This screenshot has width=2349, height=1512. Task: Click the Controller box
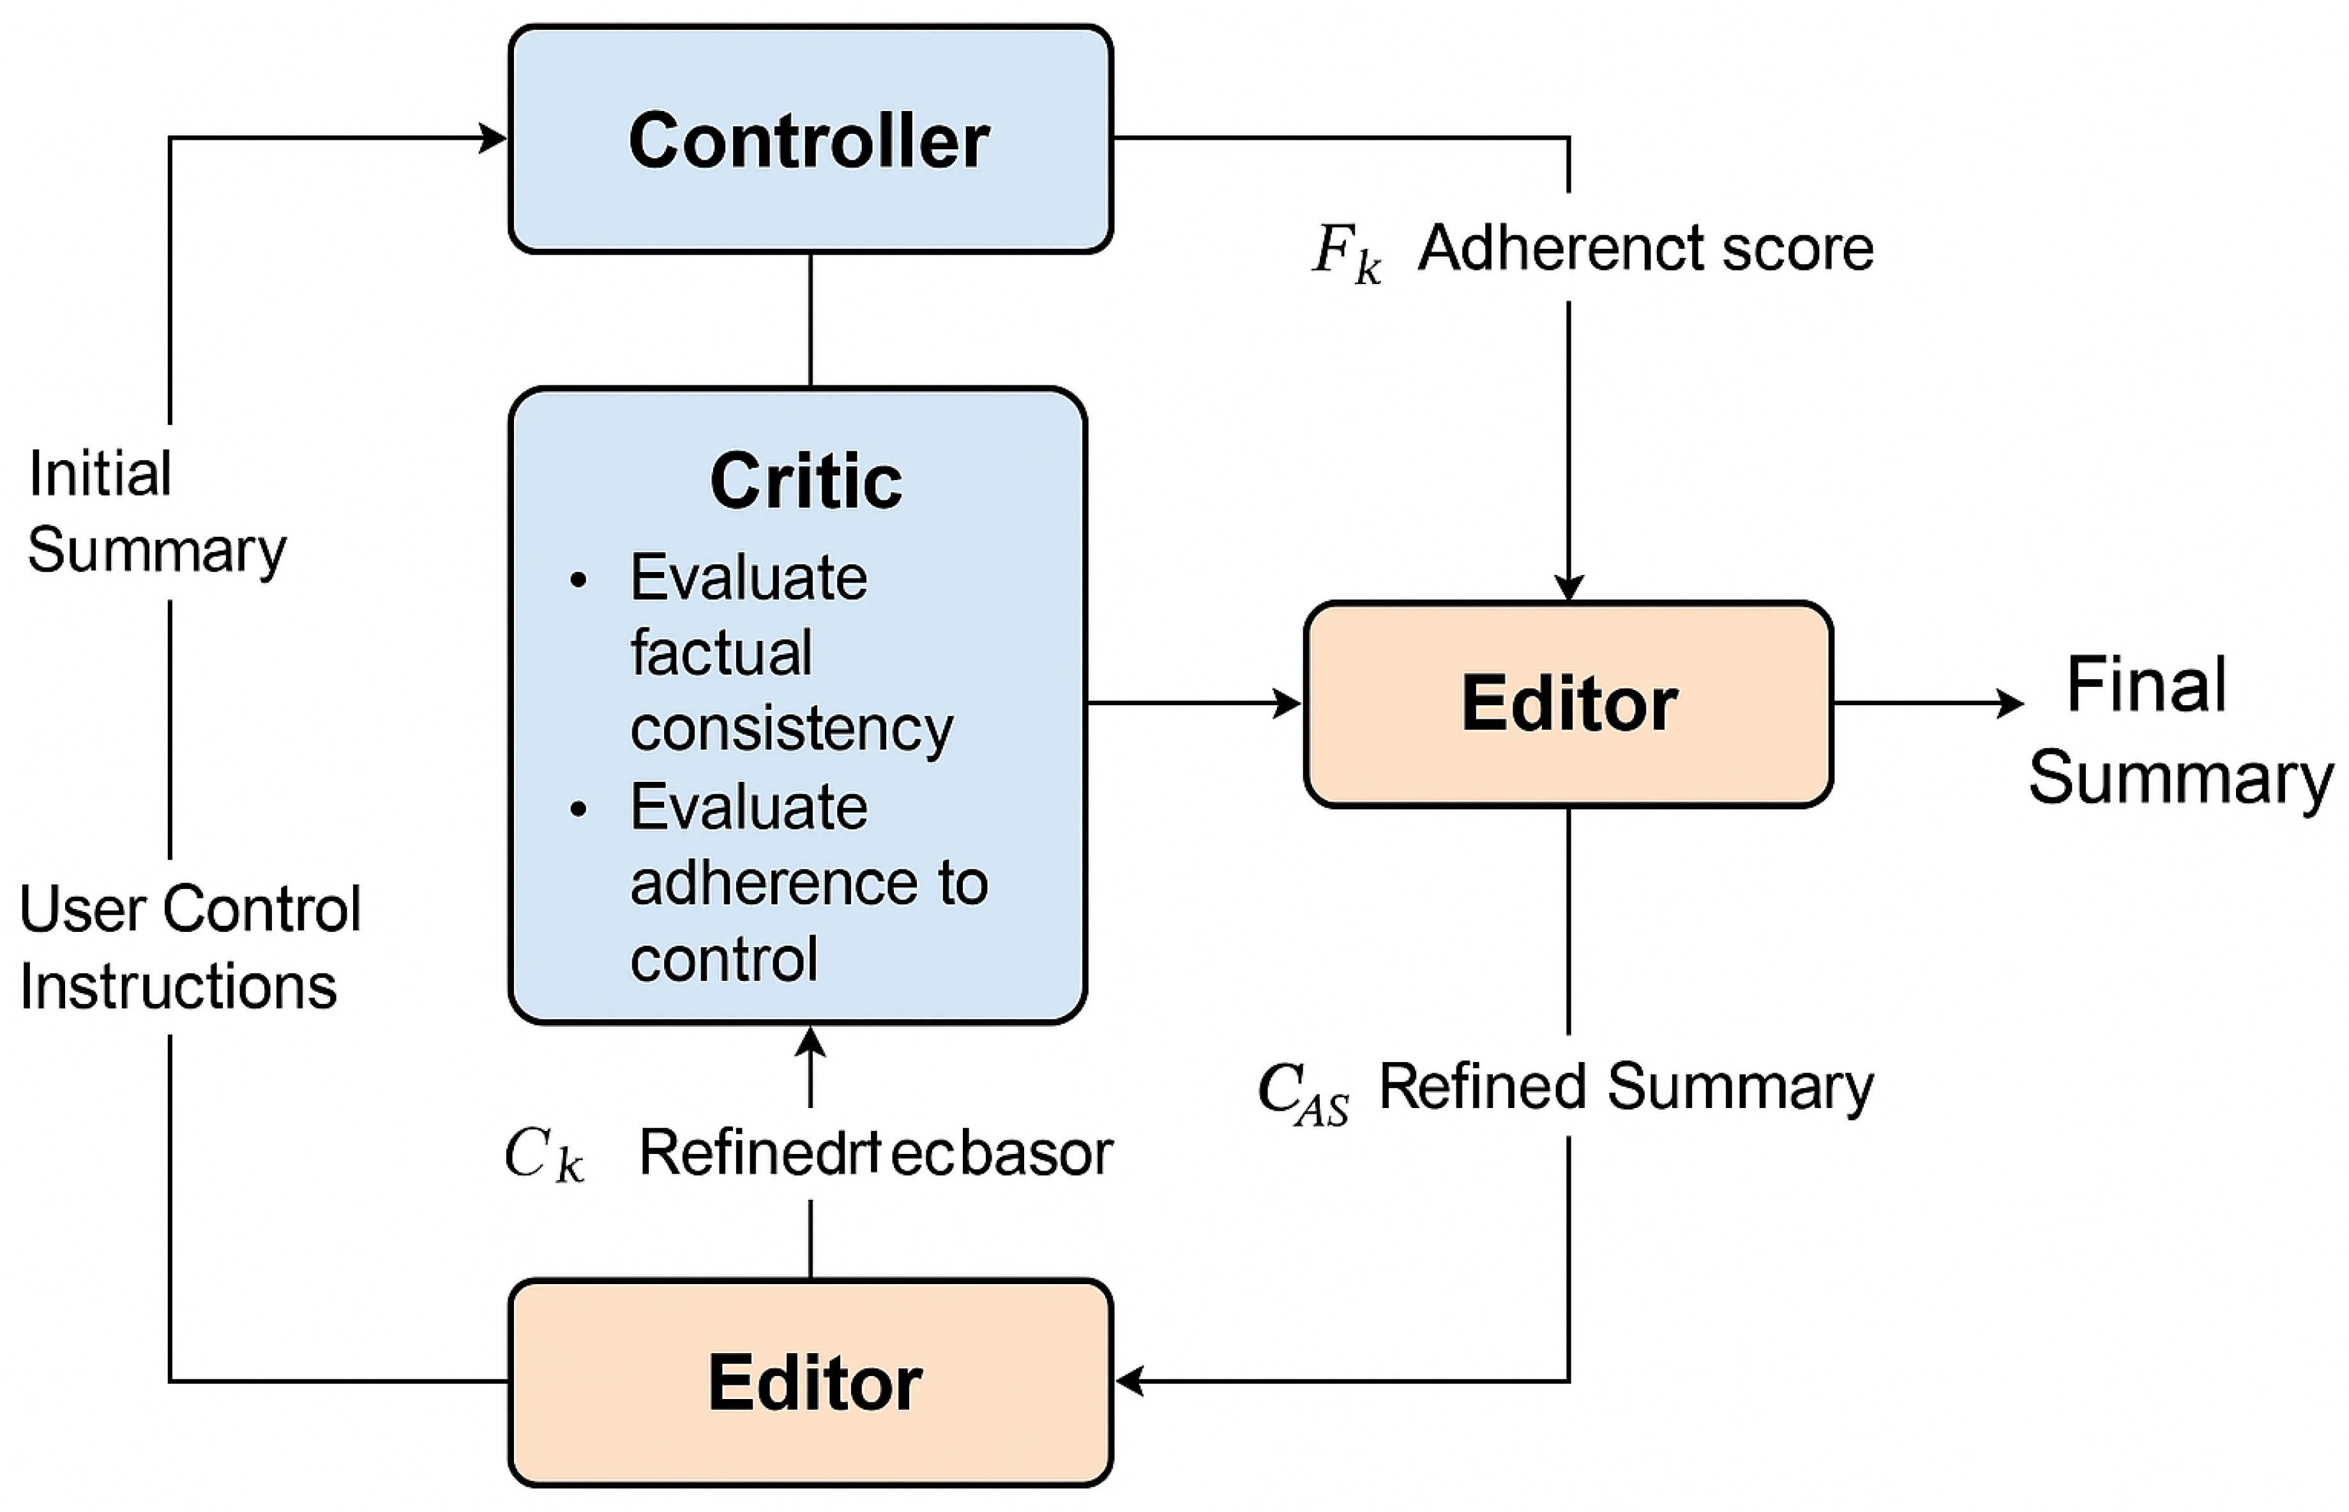pyautogui.click(x=810, y=139)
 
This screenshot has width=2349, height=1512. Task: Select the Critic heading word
pyautogui.click(x=805, y=481)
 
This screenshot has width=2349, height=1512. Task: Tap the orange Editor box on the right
pyautogui.click(x=1568, y=704)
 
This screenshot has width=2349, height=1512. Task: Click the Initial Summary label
pyautogui.click(x=155, y=511)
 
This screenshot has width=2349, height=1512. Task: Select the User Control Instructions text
pyautogui.click(x=188, y=947)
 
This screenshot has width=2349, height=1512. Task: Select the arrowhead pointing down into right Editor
pyautogui.click(x=1568, y=586)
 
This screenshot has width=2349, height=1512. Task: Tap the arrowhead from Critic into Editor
pyautogui.click(x=1287, y=703)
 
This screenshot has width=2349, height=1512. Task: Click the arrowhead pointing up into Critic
pyautogui.click(x=810, y=1042)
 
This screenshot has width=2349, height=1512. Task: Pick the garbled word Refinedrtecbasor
pyautogui.click(x=875, y=1153)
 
